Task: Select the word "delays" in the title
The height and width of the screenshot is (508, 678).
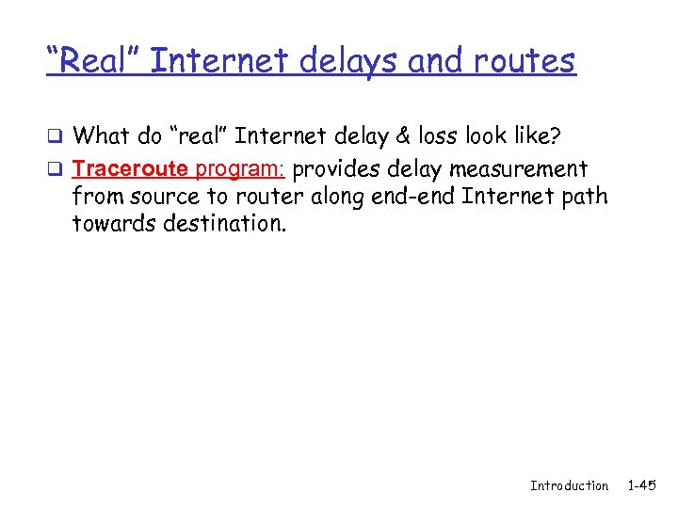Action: coord(338,61)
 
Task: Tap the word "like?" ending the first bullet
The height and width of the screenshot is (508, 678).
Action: coord(534,136)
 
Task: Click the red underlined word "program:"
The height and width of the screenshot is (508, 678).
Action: coord(245,169)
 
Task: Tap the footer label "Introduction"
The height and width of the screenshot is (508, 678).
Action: coord(569,485)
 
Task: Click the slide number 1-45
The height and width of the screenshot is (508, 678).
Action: coord(643,485)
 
